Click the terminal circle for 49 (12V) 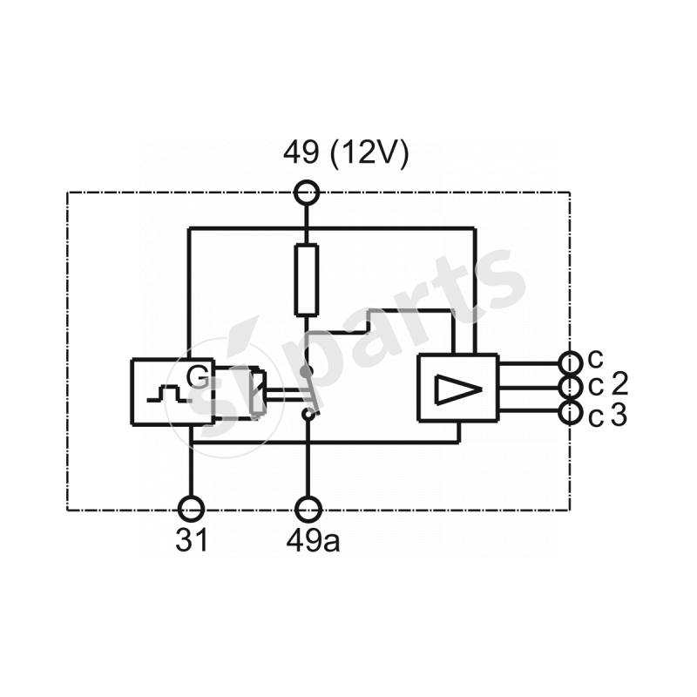point(307,193)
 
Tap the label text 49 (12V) point(345,154)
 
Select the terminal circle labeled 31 point(192,508)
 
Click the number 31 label point(192,540)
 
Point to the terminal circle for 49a point(307,508)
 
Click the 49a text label point(313,540)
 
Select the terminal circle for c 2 point(570,387)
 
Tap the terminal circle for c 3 point(570,412)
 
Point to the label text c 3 point(607,416)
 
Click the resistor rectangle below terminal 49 point(307,280)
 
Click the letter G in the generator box point(200,377)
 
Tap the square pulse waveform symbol point(166,396)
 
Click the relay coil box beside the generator point(240,393)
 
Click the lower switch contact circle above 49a point(307,415)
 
